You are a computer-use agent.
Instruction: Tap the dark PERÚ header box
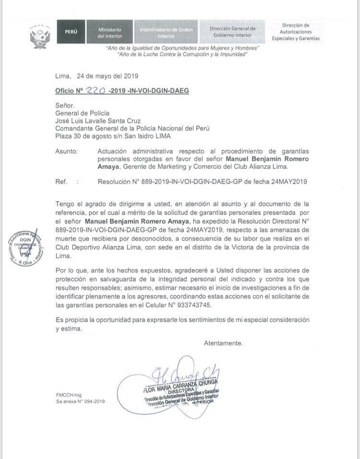71,32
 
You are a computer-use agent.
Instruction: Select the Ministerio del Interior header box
110,32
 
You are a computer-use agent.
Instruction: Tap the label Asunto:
67,151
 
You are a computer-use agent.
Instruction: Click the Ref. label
61,181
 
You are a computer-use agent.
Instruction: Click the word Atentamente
223,343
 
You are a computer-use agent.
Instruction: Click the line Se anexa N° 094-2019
80,401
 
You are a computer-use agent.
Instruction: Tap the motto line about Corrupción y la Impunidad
182,55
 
